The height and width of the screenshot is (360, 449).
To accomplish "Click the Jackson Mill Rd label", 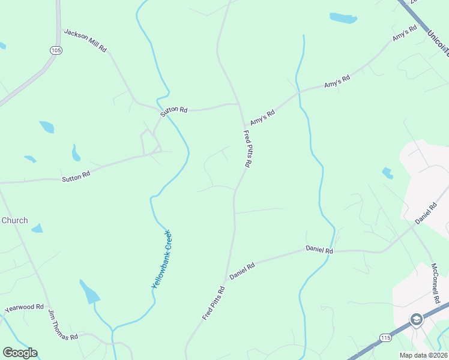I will pos(85,40).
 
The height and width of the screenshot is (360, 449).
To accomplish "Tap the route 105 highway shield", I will pos(56,50).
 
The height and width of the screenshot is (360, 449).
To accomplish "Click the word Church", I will pos(14,220).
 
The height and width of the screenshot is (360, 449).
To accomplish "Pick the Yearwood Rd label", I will pos(25,308).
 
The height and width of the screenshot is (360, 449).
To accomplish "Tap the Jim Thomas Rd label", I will pos(63,328).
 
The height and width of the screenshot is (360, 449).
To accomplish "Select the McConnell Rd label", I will pos(436,283).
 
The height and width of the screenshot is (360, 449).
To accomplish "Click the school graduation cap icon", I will pos(415,319).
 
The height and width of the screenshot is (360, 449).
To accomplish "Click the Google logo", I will pos(20,353).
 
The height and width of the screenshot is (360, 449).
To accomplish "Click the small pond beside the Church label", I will pos(37,229).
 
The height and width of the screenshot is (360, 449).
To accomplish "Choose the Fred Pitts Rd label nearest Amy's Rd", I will pos(247,149).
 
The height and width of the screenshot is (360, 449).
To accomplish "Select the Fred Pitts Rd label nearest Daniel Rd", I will pos(213,303).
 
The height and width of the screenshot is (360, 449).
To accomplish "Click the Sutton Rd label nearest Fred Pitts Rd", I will pos(174,110).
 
